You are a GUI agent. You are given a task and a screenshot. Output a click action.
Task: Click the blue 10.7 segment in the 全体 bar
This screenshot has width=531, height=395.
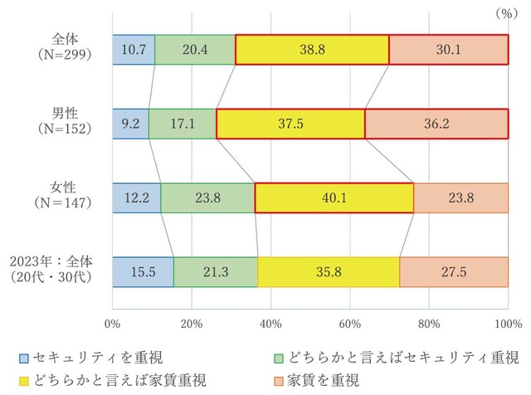point(133,50)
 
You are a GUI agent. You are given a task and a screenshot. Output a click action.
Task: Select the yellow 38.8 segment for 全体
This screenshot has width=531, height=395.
point(312,50)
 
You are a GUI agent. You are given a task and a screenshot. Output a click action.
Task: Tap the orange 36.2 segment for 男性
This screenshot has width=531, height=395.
point(436,124)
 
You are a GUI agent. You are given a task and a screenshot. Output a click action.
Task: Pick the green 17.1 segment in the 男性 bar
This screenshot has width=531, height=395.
point(183,124)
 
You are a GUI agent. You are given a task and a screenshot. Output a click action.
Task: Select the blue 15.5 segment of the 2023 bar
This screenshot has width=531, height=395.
point(143,271)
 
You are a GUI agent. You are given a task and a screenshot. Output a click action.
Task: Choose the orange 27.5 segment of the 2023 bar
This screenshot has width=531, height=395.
point(454,271)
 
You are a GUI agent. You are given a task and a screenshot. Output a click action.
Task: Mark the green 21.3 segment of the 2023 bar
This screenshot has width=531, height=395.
point(216,271)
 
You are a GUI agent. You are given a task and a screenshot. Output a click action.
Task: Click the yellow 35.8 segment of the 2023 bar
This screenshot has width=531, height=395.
point(329,271)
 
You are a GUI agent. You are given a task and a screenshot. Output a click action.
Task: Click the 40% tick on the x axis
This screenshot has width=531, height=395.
point(270,323)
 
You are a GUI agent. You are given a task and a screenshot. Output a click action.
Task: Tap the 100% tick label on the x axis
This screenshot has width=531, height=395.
point(507,323)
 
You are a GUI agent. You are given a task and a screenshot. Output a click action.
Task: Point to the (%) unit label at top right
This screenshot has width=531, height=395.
point(504,13)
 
